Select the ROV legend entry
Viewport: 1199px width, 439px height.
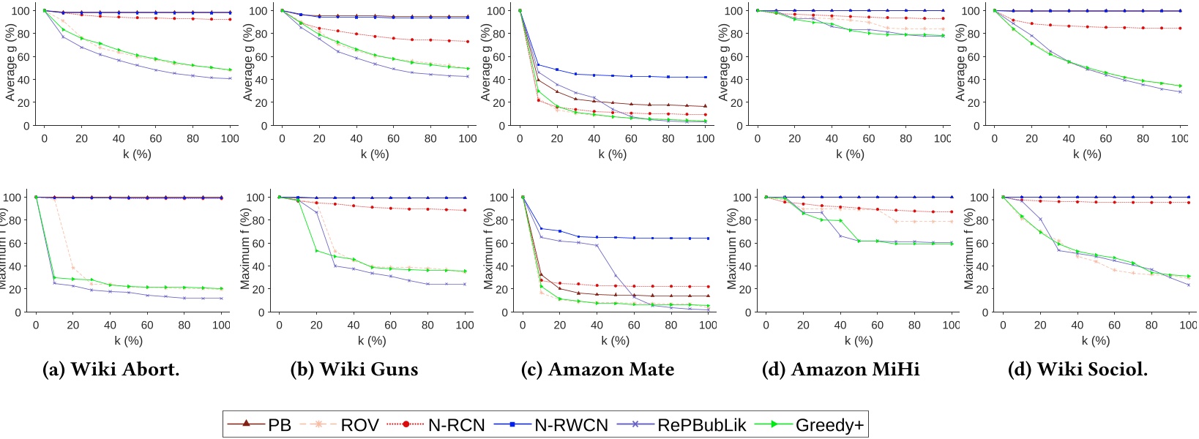pos(345,424)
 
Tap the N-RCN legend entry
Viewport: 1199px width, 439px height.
pos(440,424)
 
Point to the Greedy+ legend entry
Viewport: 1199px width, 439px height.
pos(813,424)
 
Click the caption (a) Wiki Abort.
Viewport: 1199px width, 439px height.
pos(111,369)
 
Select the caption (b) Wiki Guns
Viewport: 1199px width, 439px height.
pos(354,369)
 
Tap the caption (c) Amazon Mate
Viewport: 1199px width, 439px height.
pos(597,369)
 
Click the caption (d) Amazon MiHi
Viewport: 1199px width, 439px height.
pos(840,369)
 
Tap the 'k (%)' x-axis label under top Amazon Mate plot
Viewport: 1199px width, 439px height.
pos(612,154)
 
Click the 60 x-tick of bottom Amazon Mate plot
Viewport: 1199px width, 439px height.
pos(634,326)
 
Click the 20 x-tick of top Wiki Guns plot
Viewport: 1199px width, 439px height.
pos(319,138)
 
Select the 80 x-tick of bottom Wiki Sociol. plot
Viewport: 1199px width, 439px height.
pos(1151,326)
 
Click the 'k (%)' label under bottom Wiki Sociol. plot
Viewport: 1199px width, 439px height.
pos(1095,340)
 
